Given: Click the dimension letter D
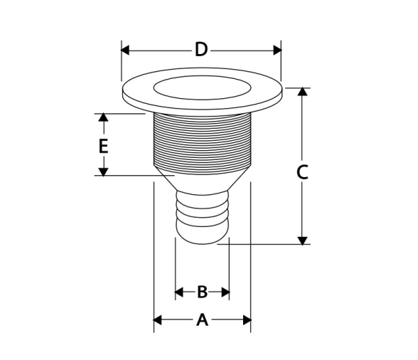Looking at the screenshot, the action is (x=201, y=49).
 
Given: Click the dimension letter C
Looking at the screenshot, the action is (x=302, y=172).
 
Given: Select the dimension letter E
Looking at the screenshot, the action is (x=104, y=146).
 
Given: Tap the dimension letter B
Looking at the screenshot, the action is (x=203, y=292).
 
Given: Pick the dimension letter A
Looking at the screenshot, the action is (x=203, y=319).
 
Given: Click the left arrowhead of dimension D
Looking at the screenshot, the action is (x=125, y=50).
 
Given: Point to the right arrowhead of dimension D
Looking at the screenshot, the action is (x=277, y=50).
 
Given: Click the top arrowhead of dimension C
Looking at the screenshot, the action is (x=302, y=92).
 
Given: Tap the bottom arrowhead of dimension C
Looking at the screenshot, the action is (x=302, y=240).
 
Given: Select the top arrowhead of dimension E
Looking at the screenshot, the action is (x=104, y=117).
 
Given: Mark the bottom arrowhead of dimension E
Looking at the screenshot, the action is (x=104, y=172).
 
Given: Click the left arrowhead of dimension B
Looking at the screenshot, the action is (x=179, y=292).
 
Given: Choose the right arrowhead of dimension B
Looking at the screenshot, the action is (x=225, y=292).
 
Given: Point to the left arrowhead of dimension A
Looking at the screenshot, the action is (x=158, y=320).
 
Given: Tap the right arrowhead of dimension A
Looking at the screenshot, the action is (x=247, y=320).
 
